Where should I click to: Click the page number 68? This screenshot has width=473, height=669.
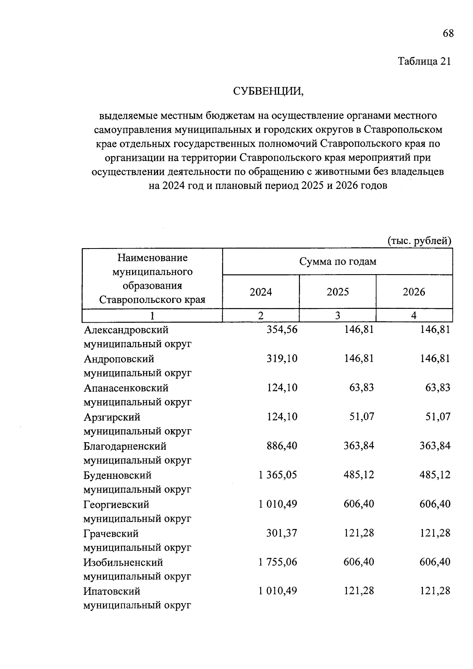[x=448, y=33]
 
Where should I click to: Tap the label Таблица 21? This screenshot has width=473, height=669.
[x=424, y=62]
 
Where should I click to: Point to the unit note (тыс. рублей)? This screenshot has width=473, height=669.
[x=419, y=241]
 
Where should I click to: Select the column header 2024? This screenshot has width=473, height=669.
[x=261, y=292]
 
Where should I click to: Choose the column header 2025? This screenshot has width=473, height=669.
[x=338, y=292]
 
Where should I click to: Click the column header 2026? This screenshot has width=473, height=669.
[x=414, y=292]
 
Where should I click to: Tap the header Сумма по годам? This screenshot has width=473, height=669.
[x=338, y=262]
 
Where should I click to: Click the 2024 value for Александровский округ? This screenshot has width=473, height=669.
[x=282, y=329]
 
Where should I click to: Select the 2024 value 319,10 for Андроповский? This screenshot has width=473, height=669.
[x=282, y=359]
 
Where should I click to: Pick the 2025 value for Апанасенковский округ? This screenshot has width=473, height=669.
[x=361, y=388]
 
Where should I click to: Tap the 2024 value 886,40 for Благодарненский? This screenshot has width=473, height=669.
[x=282, y=446]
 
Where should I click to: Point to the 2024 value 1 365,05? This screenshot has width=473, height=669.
[x=277, y=475]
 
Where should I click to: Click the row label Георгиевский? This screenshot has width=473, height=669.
[x=116, y=505]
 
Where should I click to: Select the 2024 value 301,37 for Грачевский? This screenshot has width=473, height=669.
[x=282, y=533]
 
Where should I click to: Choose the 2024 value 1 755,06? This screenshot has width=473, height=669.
[x=277, y=562]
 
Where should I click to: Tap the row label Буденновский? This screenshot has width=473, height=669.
[x=117, y=475]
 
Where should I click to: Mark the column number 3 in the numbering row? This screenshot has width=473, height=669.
[x=338, y=316]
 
